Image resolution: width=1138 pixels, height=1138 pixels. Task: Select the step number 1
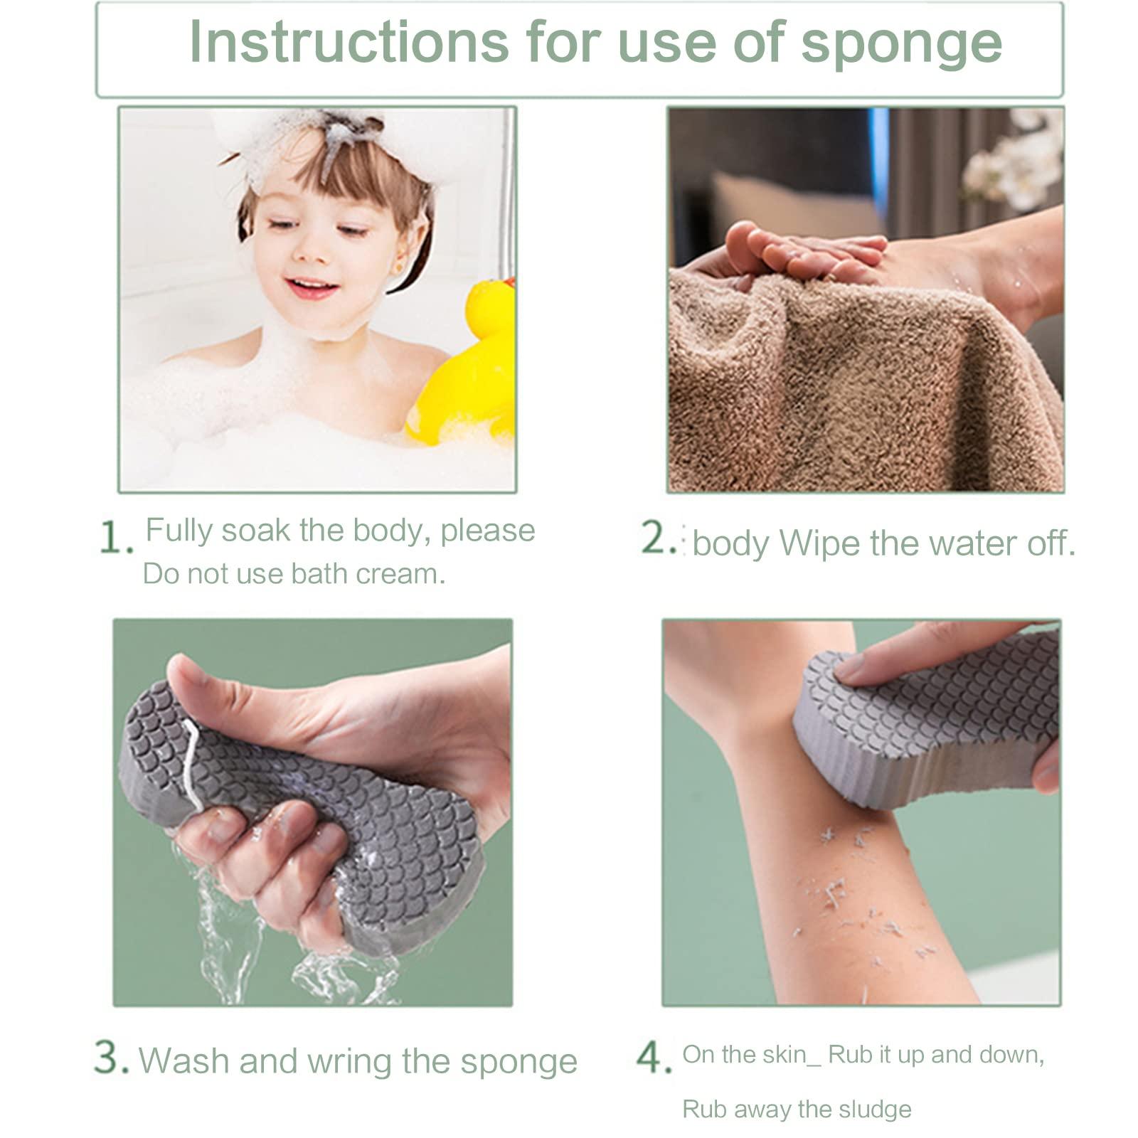pyautogui.click(x=114, y=538)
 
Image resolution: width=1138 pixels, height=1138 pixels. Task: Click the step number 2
pyautogui.click(x=658, y=538)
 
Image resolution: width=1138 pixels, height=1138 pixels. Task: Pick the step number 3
pyautogui.click(x=110, y=1058)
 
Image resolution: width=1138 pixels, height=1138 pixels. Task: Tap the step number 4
pyautogui.click(x=653, y=1058)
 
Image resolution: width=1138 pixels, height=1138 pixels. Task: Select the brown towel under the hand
pyautogui.click(x=854, y=398)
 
